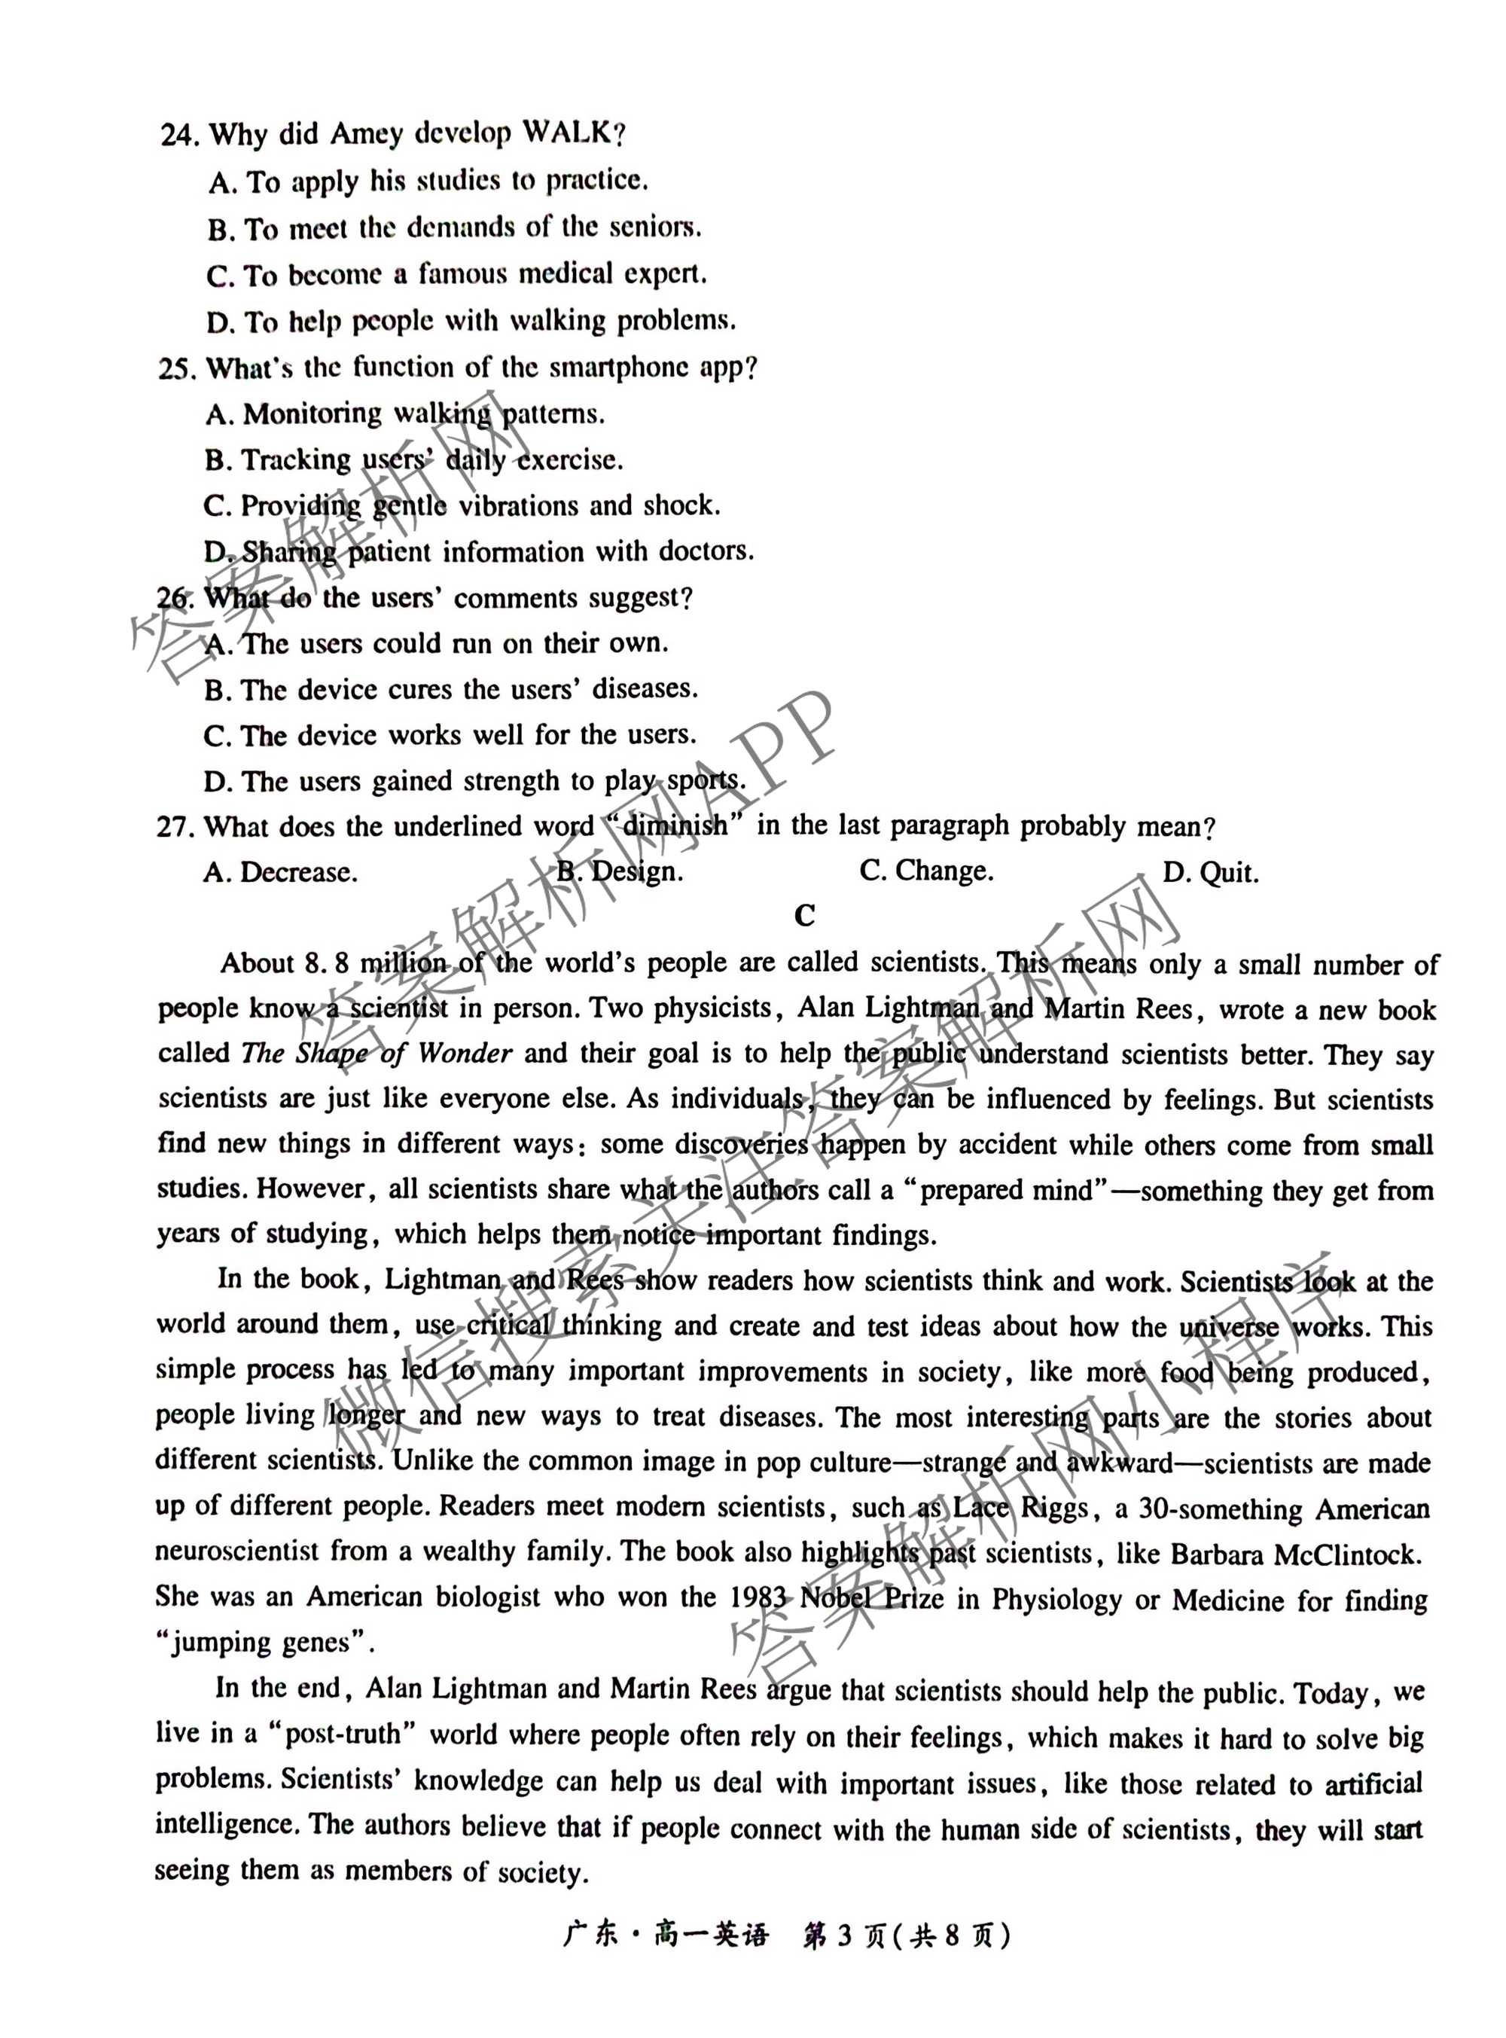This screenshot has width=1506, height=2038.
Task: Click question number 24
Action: (178, 136)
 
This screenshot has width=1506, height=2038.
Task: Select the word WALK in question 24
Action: (566, 133)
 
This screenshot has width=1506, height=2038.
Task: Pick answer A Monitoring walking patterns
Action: (405, 415)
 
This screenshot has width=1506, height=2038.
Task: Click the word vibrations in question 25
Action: (516, 506)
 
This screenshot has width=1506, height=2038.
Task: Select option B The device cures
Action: (450, 689)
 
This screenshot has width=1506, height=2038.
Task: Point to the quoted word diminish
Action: (674, 826)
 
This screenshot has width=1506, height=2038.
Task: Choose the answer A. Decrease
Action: (280, 873)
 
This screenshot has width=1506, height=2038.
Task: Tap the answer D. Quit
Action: (1210, 873)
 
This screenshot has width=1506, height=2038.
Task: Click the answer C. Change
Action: (926, 871)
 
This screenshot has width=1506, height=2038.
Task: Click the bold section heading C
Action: (804, 916)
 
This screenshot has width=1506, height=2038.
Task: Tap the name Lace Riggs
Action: (1020, 1509)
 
